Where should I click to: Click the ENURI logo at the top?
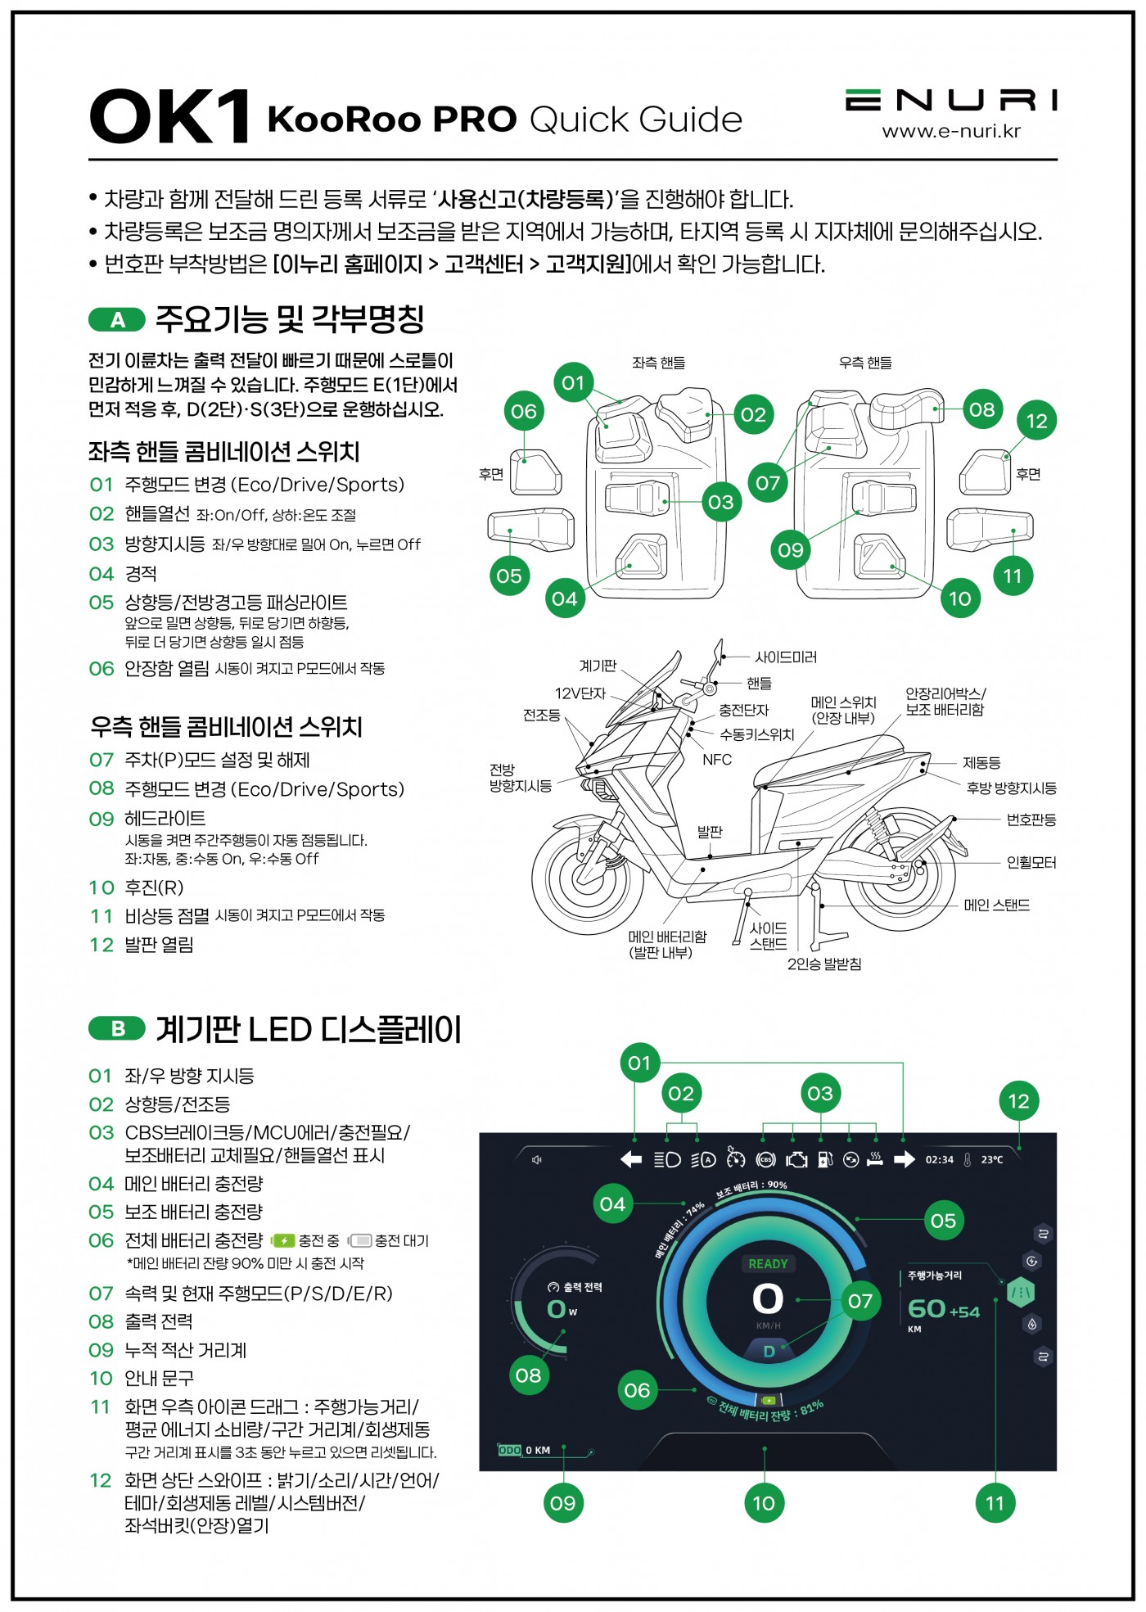click(951, 100)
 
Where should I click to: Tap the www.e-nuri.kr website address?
click(951, 131)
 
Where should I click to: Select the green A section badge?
click(117, 319)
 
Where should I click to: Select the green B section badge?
click(117, 1028)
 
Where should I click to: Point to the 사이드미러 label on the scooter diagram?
click(785, 657)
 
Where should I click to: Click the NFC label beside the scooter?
click(717, 760)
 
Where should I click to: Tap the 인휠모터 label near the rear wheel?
click(1031, 862)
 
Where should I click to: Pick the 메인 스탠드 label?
click(996, 905)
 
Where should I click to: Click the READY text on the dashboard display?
click(768, 1263)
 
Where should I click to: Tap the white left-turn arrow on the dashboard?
click(631, 1159)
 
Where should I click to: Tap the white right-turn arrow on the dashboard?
click(905, 1159)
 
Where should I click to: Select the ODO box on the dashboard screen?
click(509, 1450)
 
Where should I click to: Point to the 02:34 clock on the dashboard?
click(939, 1159)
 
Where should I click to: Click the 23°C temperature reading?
click(991, 1159)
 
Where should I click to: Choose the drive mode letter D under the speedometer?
click(769, 1351)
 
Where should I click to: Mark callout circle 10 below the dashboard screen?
click(764, 1502)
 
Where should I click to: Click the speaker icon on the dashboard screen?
click(536, 1159)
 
